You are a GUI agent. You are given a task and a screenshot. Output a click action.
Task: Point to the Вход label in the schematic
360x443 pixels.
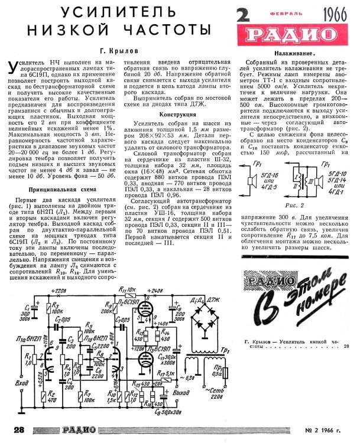pos(24,383)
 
